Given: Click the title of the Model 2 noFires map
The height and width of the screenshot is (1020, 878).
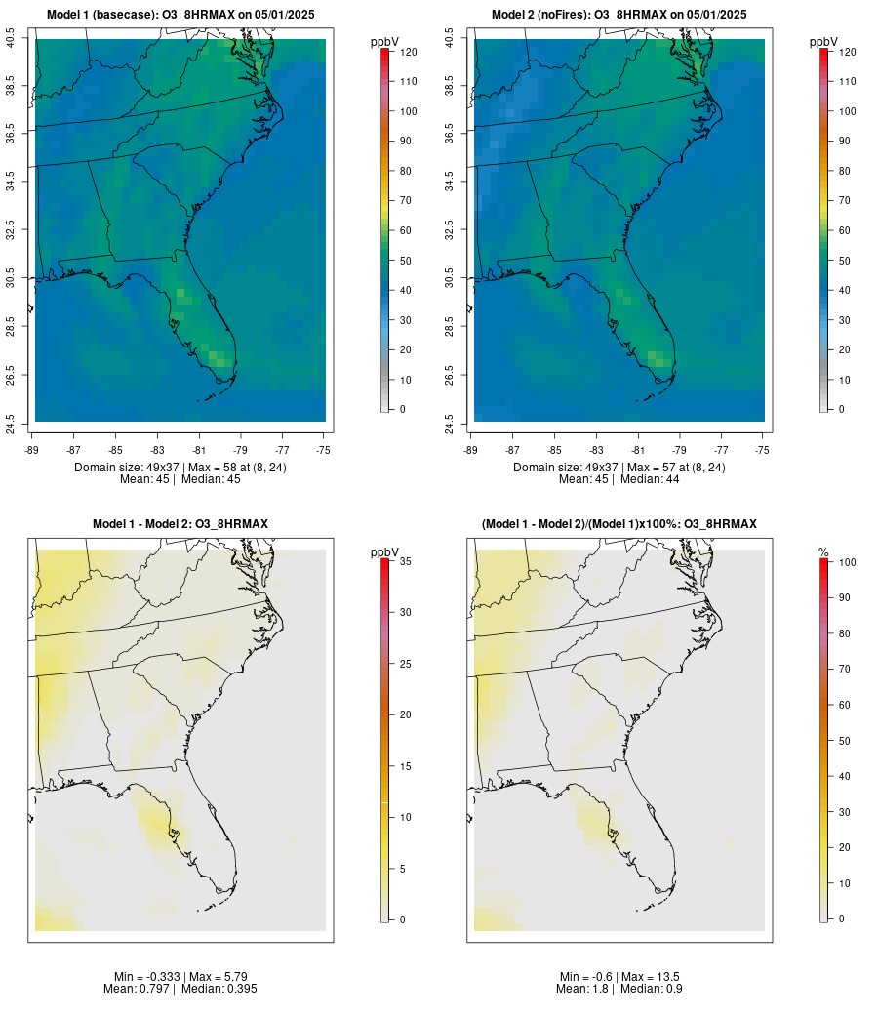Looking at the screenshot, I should [x=619, y=15].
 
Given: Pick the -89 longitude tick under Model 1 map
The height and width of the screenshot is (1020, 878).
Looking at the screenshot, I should [x=35, y=450].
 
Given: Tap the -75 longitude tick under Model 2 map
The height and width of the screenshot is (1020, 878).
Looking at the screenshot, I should [x=763, y=450].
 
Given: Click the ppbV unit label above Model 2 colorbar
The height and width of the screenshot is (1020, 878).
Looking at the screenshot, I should [x=823, y=42].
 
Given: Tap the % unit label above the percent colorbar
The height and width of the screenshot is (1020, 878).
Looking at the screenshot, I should [x=823, y=552].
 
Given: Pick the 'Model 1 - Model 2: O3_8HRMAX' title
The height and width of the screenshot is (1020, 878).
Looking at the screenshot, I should [x=180, y=524].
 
